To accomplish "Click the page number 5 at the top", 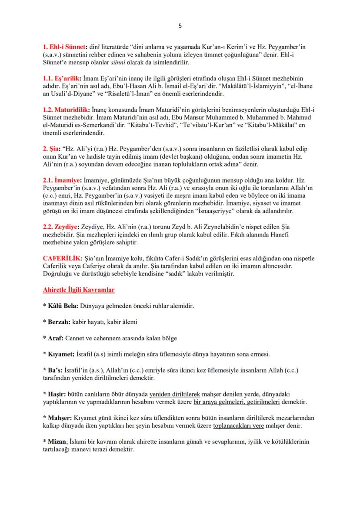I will tap(180, 26).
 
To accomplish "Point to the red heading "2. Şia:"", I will tap(53, 145).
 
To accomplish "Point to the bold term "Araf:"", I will tap(54, 338).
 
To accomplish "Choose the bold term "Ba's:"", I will tap(53, 370).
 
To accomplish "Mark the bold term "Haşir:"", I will tap(55, 394).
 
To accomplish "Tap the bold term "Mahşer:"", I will tap(58, 418).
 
